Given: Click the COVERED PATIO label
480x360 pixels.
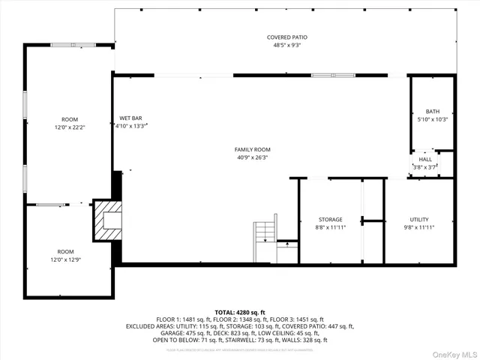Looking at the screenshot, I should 287,37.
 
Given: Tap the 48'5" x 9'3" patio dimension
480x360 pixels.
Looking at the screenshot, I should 287,45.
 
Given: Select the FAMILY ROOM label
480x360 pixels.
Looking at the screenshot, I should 252,150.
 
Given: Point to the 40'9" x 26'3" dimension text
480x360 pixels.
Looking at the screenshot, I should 252,157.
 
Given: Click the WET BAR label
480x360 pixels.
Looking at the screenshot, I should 130,118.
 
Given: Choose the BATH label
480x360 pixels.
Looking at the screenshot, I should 433,112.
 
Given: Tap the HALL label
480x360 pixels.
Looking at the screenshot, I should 425,159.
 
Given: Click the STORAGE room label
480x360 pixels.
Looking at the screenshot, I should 330,220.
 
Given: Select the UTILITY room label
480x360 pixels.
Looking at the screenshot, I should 418,220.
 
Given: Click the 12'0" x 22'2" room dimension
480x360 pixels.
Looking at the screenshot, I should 70,127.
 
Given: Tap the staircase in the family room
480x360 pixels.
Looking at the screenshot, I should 265,241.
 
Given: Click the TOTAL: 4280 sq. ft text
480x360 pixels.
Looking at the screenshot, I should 240,312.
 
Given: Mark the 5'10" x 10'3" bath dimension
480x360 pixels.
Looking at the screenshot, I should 433,119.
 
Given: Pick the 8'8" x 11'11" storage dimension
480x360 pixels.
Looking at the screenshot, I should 330,227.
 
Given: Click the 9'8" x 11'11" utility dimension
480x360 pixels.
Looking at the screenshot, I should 418,227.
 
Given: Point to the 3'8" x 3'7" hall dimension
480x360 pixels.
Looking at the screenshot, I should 425,167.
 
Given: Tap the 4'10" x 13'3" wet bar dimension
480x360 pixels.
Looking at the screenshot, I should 130,126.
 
